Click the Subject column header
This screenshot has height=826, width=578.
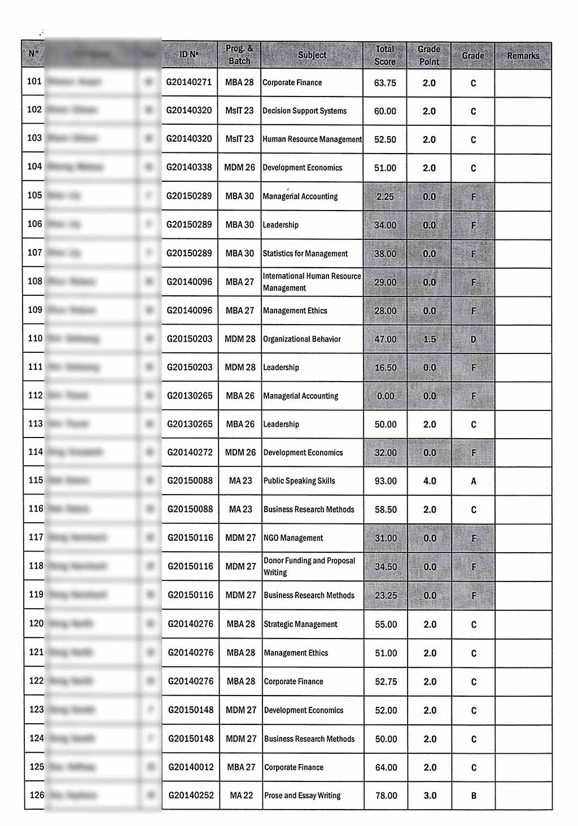312,55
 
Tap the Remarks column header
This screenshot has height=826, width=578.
523,56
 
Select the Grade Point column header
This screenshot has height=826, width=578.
429,55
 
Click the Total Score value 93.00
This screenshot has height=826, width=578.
386,481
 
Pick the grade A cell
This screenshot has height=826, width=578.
474,481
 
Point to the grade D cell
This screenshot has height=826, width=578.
473,339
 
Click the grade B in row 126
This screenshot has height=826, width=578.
474,796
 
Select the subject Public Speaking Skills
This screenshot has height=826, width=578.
299,481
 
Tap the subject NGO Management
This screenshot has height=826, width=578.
294,538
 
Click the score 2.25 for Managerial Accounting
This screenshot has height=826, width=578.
385,196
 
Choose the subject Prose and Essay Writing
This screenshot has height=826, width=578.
303,796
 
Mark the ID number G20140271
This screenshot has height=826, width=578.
189,82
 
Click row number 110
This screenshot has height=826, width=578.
35,338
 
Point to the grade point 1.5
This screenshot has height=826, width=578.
430,339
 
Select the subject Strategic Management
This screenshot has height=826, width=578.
301,624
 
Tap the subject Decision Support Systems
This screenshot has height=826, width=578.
305,111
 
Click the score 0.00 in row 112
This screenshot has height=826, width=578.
386,396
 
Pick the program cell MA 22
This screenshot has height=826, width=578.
241,796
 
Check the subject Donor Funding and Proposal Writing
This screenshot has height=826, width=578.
309,566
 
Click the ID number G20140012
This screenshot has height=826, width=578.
191,767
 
